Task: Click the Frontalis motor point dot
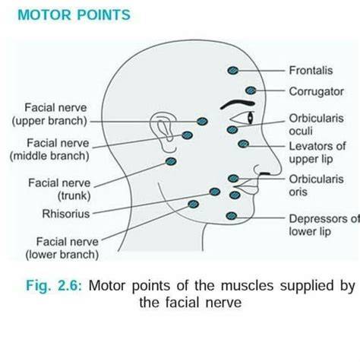point(233,71)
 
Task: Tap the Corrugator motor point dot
point(251,90)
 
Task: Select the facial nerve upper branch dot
point(202,122)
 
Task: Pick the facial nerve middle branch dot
point(187,135)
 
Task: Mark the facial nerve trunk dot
point(171,161)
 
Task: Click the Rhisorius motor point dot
point(215,192)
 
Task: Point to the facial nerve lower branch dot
point(194,204)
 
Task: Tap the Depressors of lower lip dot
point(232,216)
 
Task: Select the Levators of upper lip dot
point(243,144)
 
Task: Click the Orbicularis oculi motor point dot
point(232,130)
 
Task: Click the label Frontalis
point(311,71)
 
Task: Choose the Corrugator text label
point(317,91)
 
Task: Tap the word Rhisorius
point(66,214)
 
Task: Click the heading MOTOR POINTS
point(74,14)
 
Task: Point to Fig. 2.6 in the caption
point(54,286)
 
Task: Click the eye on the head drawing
point(242,118)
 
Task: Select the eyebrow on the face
point(238,103)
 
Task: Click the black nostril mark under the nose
point(265,173)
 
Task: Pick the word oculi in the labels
point(301,131)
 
